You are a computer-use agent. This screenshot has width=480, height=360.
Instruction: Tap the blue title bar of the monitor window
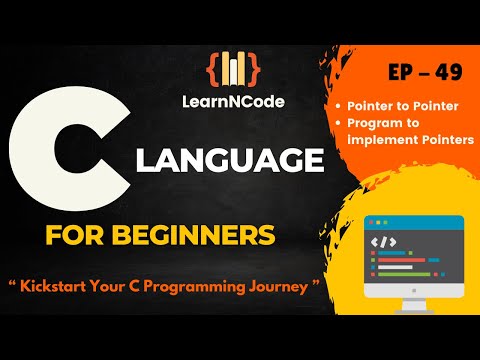point(413,222)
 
